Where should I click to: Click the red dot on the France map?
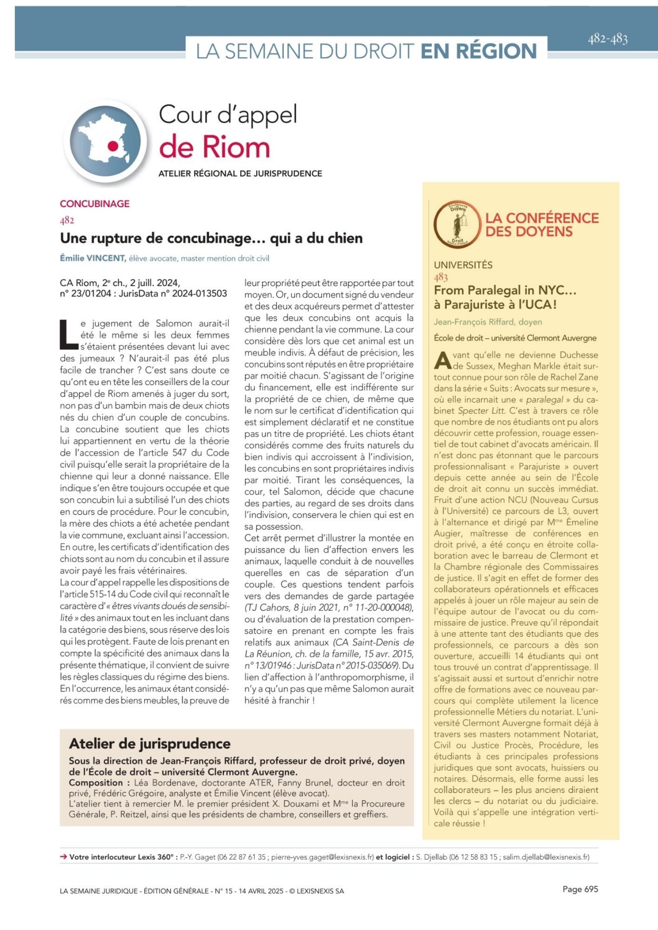tap(113, 146)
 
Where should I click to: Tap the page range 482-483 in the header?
tap(608, 39)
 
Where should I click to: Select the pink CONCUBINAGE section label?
tap(95, 204)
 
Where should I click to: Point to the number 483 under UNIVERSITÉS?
tap(441, 278)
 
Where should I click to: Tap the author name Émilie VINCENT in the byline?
tap(93, 258)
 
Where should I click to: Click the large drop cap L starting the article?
tap(69, 334)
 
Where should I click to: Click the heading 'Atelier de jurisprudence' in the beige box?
tap(150, 744)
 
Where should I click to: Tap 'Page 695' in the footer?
tap(580, 889)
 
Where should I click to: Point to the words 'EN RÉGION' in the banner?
tap(478, 51)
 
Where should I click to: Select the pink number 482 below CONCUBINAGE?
tap(67, 220)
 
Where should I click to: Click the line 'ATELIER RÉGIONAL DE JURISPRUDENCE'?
tap(240, 173)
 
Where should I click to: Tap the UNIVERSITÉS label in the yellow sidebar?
tap(463, 265)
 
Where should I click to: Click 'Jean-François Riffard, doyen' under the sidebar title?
tap(488, 322)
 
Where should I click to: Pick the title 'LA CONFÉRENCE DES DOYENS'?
tap(542, 225)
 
